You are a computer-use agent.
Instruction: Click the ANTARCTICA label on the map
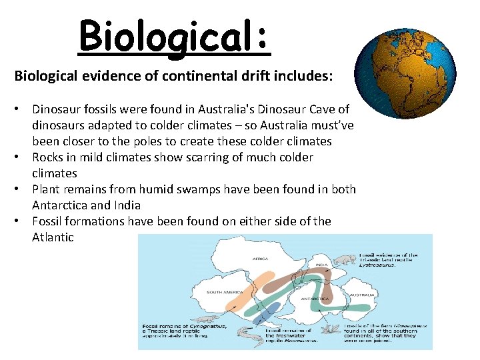point(315,299)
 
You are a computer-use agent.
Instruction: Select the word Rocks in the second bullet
point(48,157)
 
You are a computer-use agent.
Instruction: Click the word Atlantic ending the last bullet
point(53,237)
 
